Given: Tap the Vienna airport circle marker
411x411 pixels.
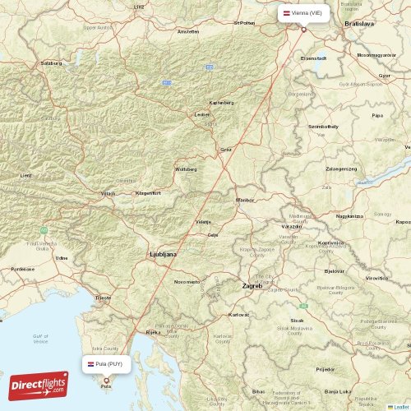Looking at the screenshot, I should point(303,30).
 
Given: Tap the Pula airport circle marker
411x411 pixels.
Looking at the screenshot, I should point(106,380).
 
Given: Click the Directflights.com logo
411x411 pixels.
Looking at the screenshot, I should point(39,385).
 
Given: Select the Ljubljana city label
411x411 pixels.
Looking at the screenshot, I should point(162,255).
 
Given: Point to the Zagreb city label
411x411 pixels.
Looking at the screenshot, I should point(252,286).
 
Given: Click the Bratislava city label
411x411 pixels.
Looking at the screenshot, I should point(359,25).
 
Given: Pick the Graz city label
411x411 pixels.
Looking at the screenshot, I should point(225,149).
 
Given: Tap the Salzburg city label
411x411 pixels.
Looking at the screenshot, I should point(52,63).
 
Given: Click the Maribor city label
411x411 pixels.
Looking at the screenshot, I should point(245,200).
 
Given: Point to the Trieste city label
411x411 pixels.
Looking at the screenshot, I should point(103,297).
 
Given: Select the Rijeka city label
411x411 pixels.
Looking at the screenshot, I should point(153,332).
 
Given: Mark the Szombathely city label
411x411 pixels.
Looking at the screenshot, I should point(323,127).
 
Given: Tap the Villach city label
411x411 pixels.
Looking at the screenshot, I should point(108,193).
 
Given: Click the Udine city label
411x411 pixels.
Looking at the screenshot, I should point(62,258).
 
